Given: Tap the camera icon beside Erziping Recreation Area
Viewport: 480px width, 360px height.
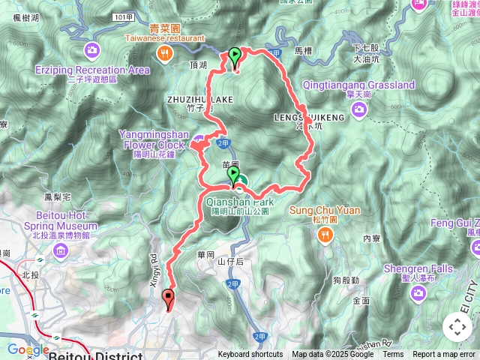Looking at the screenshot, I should coord(92,51).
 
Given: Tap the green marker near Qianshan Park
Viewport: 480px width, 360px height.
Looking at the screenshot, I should coord(233,176).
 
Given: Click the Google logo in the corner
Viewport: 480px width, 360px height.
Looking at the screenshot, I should coord(27,349).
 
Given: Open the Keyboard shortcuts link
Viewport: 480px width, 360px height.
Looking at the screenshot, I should coord(250,355).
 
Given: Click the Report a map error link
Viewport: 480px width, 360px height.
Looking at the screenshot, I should coord(444,355).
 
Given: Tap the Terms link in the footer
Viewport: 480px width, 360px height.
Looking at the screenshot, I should coord(393,355).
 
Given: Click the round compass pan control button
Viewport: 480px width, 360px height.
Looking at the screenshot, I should coord(457,327).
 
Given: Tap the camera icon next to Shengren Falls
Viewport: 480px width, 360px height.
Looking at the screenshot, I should coord(418,290).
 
